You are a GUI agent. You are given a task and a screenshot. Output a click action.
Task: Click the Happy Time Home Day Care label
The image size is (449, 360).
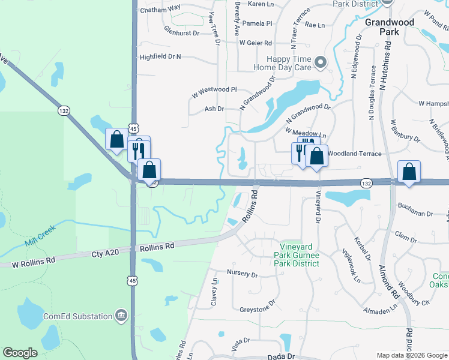(289, 63)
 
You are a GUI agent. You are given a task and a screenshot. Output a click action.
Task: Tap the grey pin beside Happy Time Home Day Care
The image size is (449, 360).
(321, 62)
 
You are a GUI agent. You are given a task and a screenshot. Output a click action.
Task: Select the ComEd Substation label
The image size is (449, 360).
(77, 316)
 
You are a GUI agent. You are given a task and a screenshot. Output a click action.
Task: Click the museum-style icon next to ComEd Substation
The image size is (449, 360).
(121, 316)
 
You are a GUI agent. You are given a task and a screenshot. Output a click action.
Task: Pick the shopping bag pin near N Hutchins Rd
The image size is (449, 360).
(409, 171)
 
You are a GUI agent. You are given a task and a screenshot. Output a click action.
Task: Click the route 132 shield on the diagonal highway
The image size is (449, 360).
(64, 111)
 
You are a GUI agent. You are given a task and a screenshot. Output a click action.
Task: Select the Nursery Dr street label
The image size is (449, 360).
(243, 275)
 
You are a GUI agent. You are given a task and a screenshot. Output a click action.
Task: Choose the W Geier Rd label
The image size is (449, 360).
(255, 43)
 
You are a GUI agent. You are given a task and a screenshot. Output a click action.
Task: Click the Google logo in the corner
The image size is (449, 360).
(20, 353)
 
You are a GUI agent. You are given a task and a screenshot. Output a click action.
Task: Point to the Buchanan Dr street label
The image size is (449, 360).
(415, 214)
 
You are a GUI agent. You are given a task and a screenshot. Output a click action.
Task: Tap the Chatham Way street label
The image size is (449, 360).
(160, 9)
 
